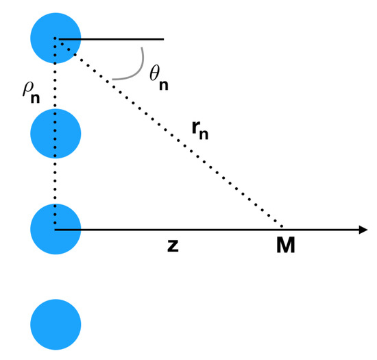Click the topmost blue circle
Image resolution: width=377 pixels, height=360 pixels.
(x=56, y=38)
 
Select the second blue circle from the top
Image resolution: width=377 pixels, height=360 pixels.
(x=56, y=133)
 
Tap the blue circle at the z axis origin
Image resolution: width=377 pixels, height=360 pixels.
(x=56, y=228)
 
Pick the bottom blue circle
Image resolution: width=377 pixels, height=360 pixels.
(x=56, y=323)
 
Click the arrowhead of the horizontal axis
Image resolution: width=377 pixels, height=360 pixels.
(x=363, y=229)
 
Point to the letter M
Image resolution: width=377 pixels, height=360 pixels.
(x=286, y=245)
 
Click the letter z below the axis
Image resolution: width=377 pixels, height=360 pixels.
(x=173, y=245)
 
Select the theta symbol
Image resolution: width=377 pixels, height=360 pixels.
(x=156, y=73)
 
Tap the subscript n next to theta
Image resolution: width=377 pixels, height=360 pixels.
(x=164, y=85)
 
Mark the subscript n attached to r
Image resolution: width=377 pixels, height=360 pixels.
(x=203, y=134)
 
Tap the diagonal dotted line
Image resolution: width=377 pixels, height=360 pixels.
(x=171, y=134)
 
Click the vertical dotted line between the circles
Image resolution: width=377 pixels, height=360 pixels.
(x=56, y=86)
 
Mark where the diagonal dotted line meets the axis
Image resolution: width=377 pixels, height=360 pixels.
(x=283, y=228)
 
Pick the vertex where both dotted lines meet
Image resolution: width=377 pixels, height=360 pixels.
(x=58, y=39)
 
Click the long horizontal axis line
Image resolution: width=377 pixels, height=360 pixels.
(x=206, y=229)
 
